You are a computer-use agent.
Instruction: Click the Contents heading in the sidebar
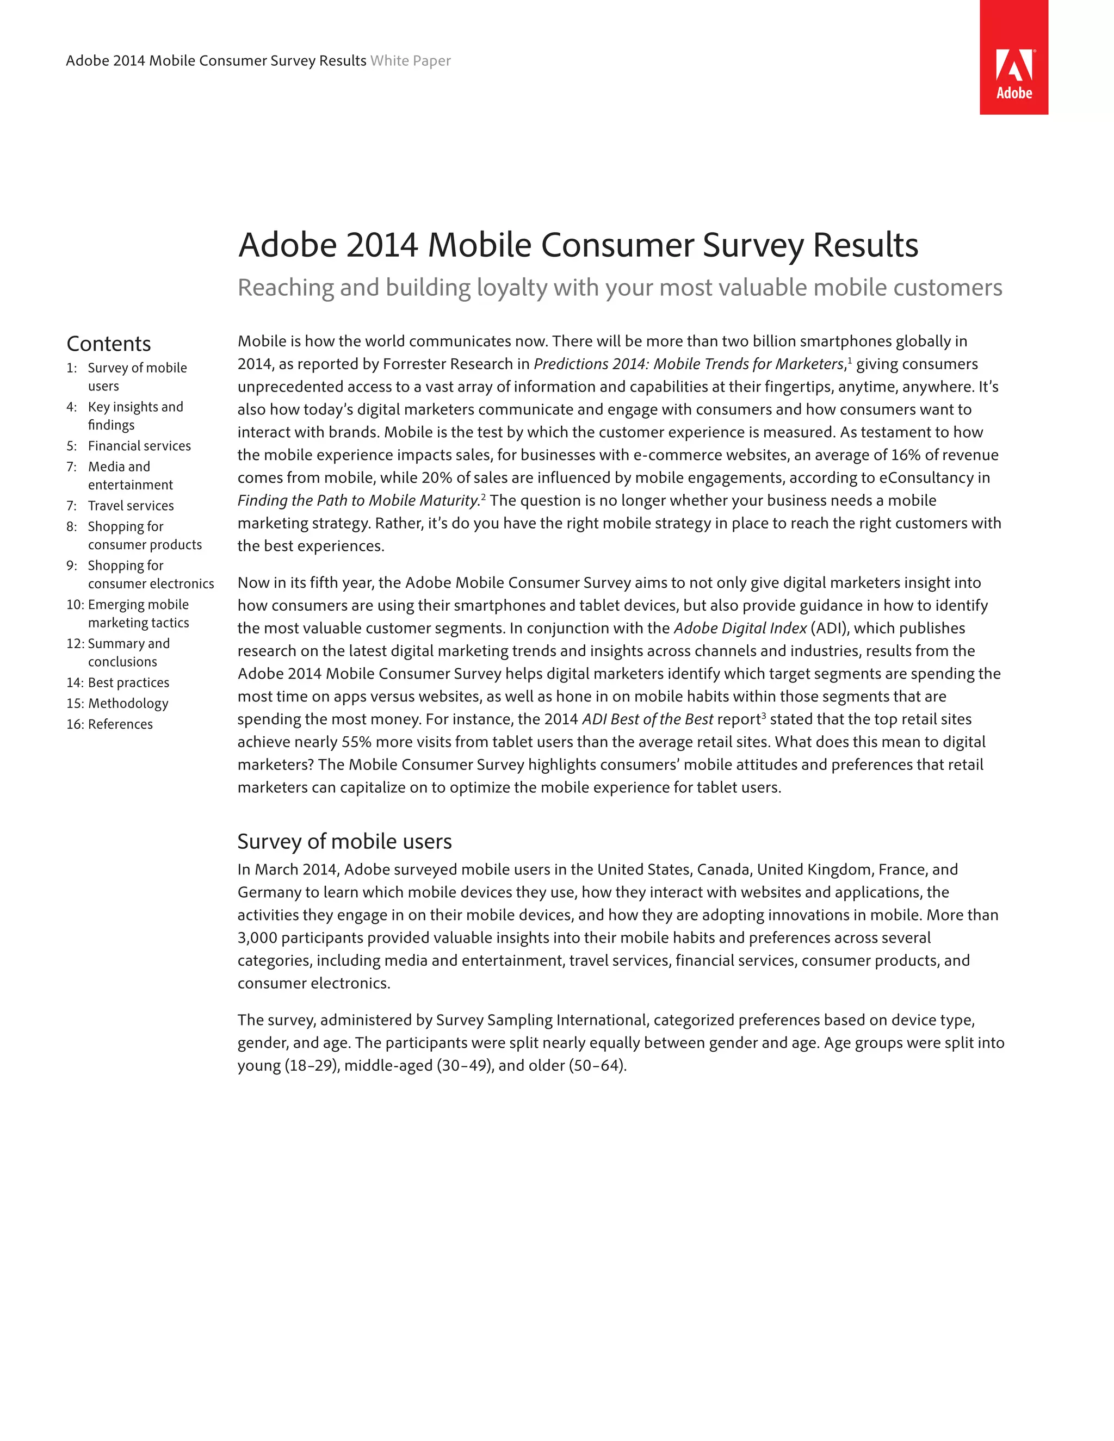click(x=109, y=344)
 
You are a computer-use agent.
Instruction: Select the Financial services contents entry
click(x=139, y=446)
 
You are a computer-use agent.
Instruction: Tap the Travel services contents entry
click(x=131, y=506)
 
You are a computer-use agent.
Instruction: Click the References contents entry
click(x=120, y=724)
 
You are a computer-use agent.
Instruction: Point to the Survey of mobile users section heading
click(x=344, y=841)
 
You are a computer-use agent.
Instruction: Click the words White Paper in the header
click(x=411, y=61)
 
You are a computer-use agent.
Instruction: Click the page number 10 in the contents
click(x=75, y=605)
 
